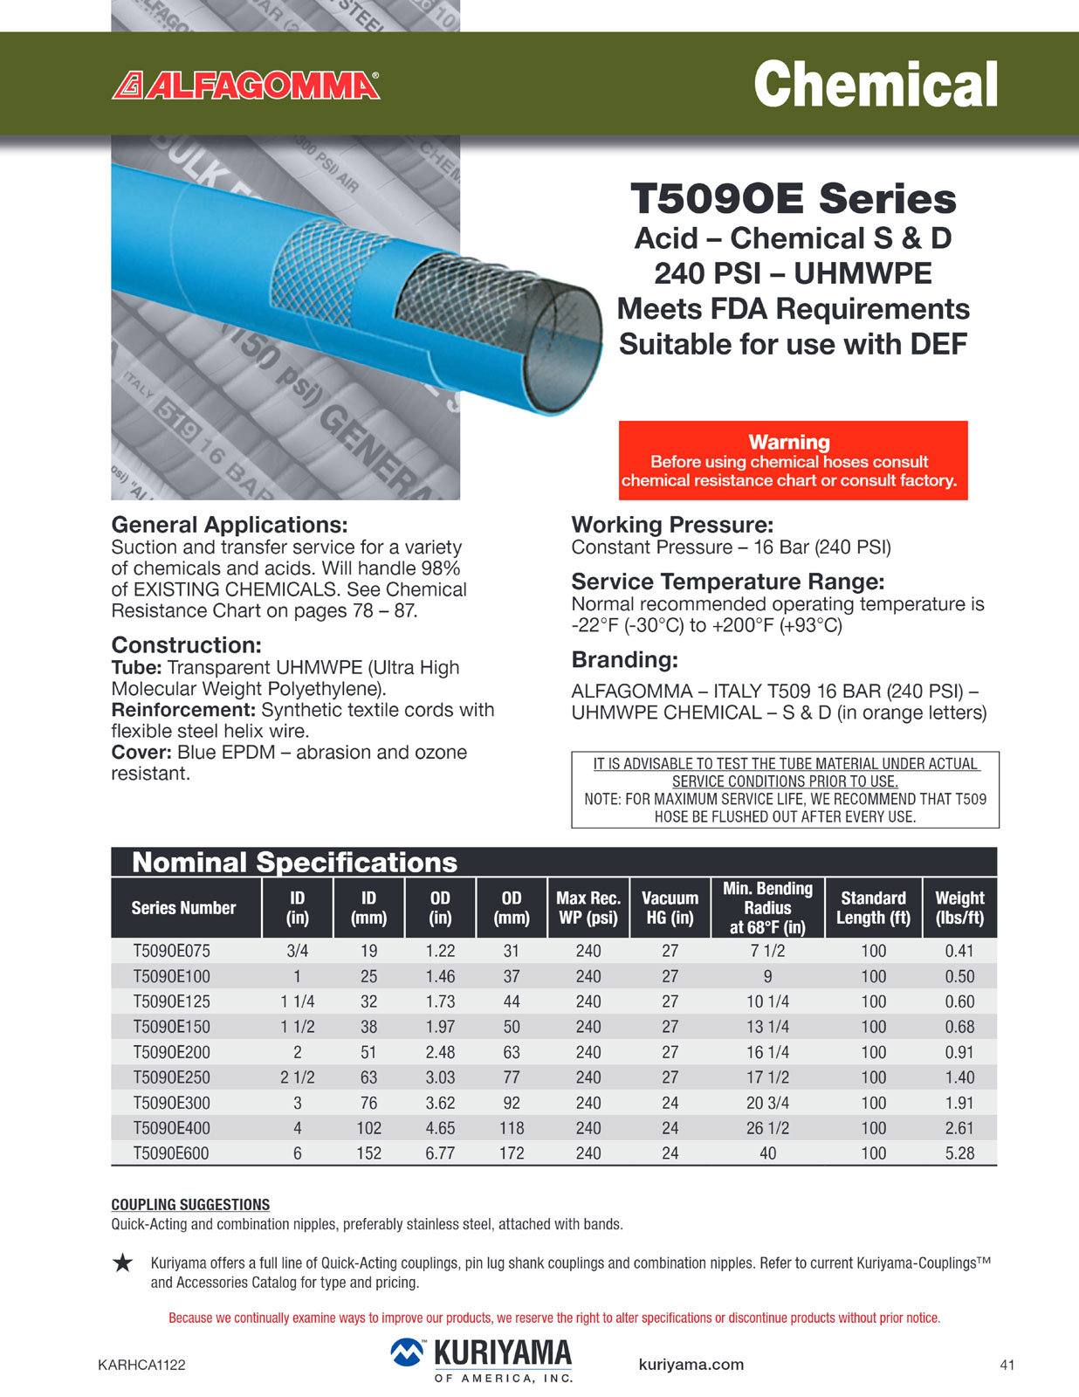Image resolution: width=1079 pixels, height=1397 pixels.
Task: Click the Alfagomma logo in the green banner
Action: [x=246, y=86]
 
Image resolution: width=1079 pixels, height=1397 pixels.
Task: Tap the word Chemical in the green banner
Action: [x=875, y=85]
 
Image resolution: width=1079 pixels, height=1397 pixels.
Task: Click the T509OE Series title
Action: [x=793, y=198]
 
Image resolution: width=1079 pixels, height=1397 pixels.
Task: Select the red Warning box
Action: [x=793, y=460]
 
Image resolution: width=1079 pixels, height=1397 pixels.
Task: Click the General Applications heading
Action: [x=229, y=525]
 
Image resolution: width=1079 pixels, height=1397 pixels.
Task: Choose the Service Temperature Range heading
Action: [x=727, y=582]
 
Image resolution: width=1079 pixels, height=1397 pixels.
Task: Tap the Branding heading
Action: [x=624, y=660]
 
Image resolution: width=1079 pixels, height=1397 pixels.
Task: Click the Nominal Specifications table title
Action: [x=294, y=863]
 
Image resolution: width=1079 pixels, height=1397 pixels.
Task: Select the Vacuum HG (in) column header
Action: [x=670, y=907]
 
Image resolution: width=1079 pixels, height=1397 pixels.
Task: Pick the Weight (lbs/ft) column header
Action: [x=959, y=907]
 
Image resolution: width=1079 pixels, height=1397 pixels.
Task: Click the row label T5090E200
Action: [x=171, y=1052]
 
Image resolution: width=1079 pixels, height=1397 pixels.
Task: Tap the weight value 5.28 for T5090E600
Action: [x=959, y=1153]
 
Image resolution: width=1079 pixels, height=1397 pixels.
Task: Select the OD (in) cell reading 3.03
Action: [x=440, y=1077]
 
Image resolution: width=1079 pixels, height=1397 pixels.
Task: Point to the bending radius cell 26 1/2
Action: [x=767, y=1128]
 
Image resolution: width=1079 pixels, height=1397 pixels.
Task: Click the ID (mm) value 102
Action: [x=368, y=1128]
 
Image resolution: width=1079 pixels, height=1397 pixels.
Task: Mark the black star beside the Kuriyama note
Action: [x=123, y=1263]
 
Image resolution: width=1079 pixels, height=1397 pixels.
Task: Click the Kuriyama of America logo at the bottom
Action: [x=482, y=1360]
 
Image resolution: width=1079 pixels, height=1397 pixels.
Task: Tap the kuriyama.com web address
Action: [x=691, y=1365]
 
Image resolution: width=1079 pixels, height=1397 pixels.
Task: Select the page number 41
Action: [x=1007, y=1365]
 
